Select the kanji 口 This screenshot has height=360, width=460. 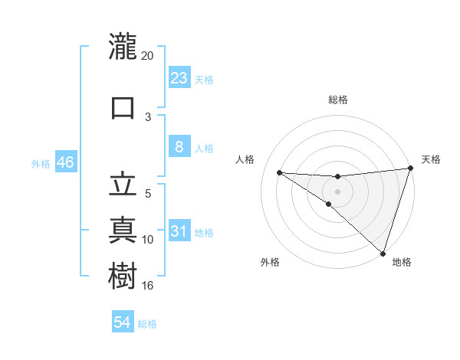click(x=123, y=106)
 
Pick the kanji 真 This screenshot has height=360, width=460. click(x=123, y=229)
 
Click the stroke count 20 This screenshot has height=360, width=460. click(x=148, y=56)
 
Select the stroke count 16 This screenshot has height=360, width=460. click(x=148, y=286)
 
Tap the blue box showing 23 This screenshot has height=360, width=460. click(x=179, y=77)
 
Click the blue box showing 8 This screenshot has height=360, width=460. click(x=179, y=148)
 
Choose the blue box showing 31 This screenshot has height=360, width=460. click(x=179, y=231)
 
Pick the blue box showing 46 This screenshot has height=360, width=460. click(x=65, y=163)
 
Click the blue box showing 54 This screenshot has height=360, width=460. click(x=123, y=322)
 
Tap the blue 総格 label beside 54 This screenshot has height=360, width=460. click(x=147, y=324)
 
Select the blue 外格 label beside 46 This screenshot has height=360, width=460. click(x=41, y=164)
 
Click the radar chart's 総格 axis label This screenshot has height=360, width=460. click(x=337, y=100)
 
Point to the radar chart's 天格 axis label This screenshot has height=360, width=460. click(x=431, y=159)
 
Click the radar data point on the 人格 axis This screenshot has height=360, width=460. click(x=279, y=172)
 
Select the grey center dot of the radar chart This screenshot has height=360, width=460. click(x=337, y=191)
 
